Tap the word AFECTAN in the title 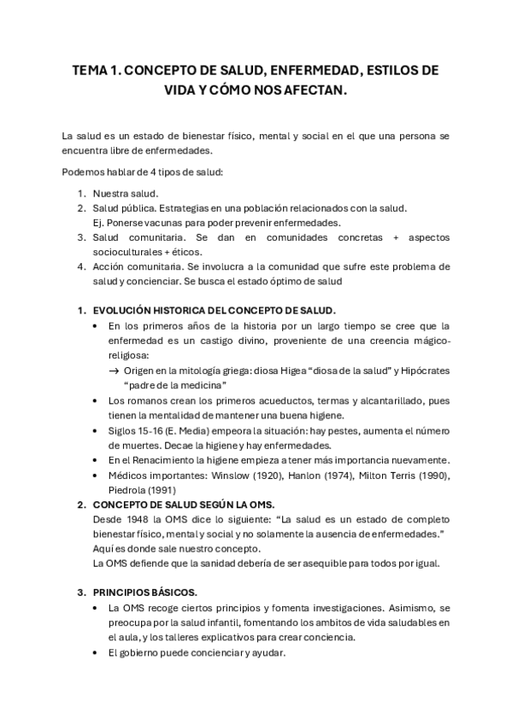[317, 90]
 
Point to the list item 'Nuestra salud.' [132, 193]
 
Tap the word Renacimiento [168, 459]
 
